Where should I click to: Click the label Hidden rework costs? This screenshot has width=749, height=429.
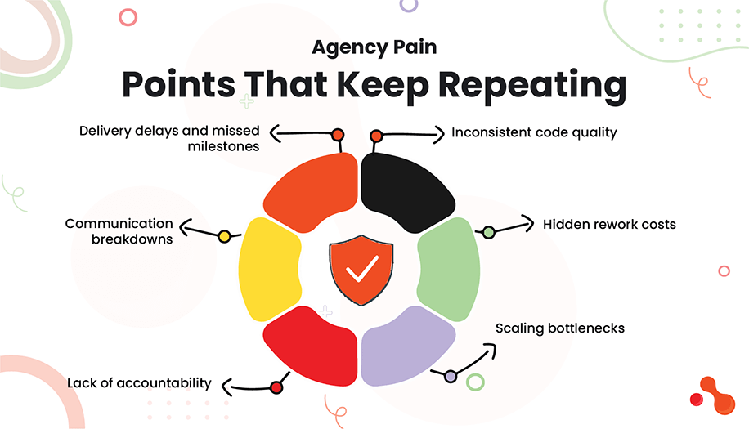[609, 224]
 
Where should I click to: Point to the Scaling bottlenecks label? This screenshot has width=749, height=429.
[560, 328]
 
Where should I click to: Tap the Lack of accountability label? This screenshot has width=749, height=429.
[140, 382]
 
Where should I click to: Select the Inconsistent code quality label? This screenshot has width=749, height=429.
[534, 132]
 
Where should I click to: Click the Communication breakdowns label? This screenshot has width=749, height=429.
[119, 231]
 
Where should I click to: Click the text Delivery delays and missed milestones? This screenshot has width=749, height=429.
[169, 138]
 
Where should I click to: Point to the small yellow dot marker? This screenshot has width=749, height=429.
[224, 237]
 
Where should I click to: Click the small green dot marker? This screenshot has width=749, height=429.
[488, 232]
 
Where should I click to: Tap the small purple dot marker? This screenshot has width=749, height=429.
[451, 376]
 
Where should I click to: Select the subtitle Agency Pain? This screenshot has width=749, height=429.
[374, 47]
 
